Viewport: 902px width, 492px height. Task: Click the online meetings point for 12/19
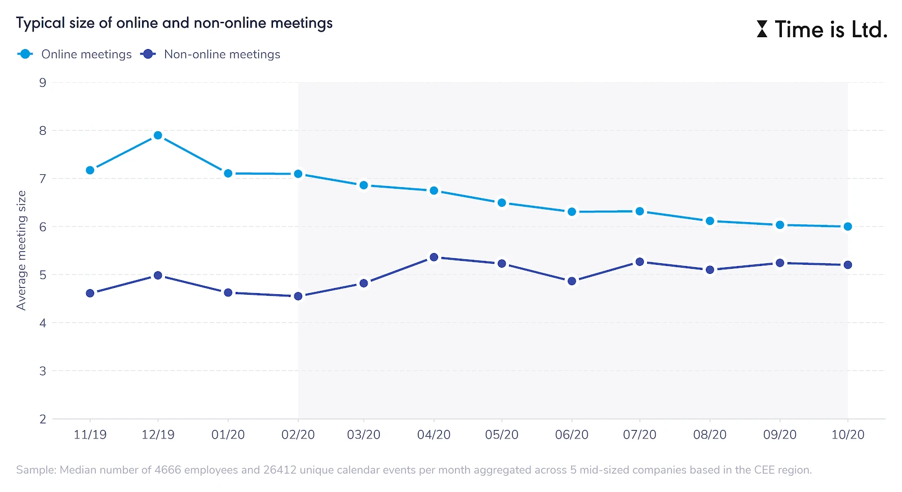(158, 135)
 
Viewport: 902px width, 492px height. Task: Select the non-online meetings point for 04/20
(434, 257)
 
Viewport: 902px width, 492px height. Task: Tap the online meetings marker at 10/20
(848, 227)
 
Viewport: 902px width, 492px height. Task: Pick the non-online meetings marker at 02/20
(298, 296)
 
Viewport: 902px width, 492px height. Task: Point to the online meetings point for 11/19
(90, 170)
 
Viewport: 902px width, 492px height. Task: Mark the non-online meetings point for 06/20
(572, 281)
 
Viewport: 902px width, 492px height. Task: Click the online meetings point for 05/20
(502, 203)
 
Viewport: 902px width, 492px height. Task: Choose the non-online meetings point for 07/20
(640, 262)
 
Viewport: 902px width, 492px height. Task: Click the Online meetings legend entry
(86, 54)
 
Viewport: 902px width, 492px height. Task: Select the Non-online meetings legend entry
(222, 54)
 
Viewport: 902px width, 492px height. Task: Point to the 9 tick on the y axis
(43, 83)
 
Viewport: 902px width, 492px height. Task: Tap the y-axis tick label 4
(43, 323)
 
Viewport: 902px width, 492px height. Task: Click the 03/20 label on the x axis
(364, 435)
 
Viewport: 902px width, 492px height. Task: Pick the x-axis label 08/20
(710, 435)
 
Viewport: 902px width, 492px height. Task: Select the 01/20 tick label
(228, 435)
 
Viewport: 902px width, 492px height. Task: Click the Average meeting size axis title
(21, 250)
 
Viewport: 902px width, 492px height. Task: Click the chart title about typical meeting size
(174, 23)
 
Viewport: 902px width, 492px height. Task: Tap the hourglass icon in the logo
(762, 29)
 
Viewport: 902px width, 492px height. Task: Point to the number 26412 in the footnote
(280, 470)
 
